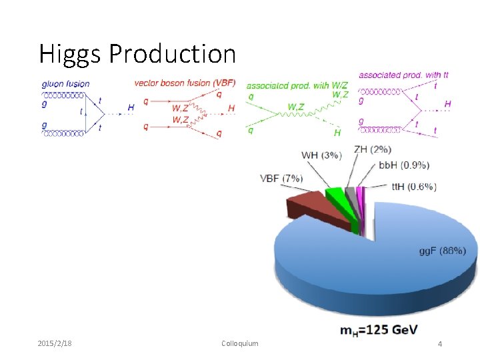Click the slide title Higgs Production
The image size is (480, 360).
(x=137, y=53)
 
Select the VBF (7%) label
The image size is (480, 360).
(x=281, y=178)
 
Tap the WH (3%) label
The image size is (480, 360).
(x=321, y=155)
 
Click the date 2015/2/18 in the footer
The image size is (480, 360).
(x=55, y=343)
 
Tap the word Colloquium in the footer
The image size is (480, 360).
(x=239, y=343)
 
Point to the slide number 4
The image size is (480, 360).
(x=439, y=343)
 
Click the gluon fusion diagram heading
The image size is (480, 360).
(x=65, y=84)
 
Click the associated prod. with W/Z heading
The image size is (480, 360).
(x=297, y=85)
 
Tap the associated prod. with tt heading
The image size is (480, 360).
(x=403, y=75)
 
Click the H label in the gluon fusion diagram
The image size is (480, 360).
(x=130, y=107)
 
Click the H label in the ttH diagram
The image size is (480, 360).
(x=447, y=104)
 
